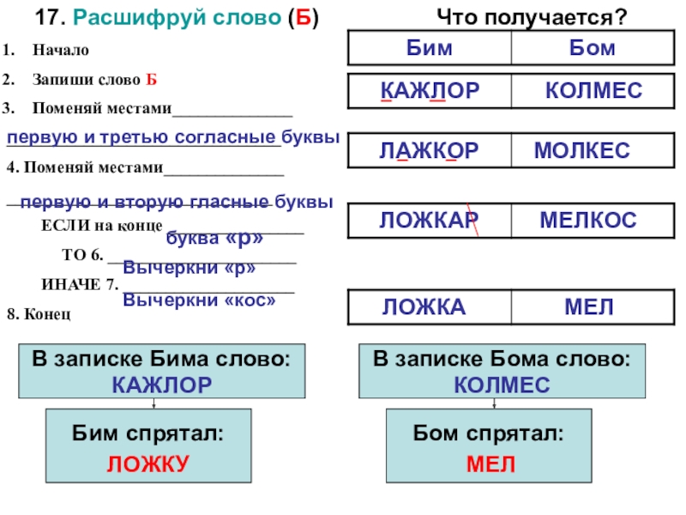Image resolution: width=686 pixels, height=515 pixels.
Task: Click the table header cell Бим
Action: [430, 48]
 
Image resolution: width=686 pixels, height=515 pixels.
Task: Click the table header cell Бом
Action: [592, 48]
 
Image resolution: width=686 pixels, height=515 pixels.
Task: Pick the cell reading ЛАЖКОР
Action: [430, 152]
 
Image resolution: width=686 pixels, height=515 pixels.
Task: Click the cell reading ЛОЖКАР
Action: [430, 221]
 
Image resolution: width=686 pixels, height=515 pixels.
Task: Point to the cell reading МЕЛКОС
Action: [588, 221]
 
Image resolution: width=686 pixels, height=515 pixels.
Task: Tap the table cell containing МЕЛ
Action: [589, 307]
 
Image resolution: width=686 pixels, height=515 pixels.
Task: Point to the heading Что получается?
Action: [532, 16]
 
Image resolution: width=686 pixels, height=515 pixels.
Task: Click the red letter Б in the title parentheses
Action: [302, 18]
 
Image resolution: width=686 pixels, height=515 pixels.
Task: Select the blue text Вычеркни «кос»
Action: [200, 300]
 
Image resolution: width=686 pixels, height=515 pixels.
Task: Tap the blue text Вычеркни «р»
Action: [190, 267]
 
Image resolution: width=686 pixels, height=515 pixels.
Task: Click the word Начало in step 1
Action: [61, 50]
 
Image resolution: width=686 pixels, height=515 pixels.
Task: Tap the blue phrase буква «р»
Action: [214, 238]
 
